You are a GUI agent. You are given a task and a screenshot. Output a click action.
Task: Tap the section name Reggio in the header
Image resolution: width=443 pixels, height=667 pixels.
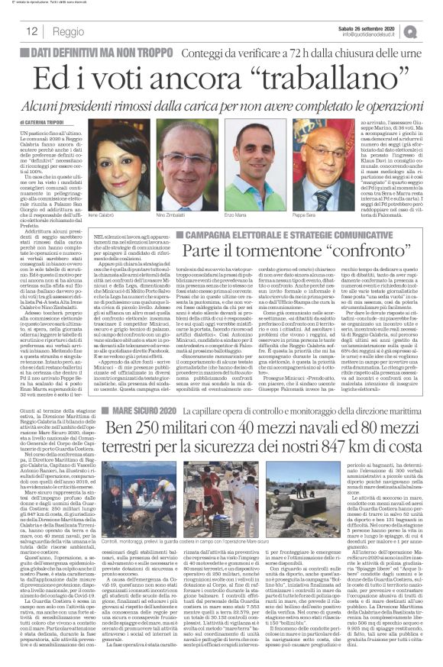(69, 32)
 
